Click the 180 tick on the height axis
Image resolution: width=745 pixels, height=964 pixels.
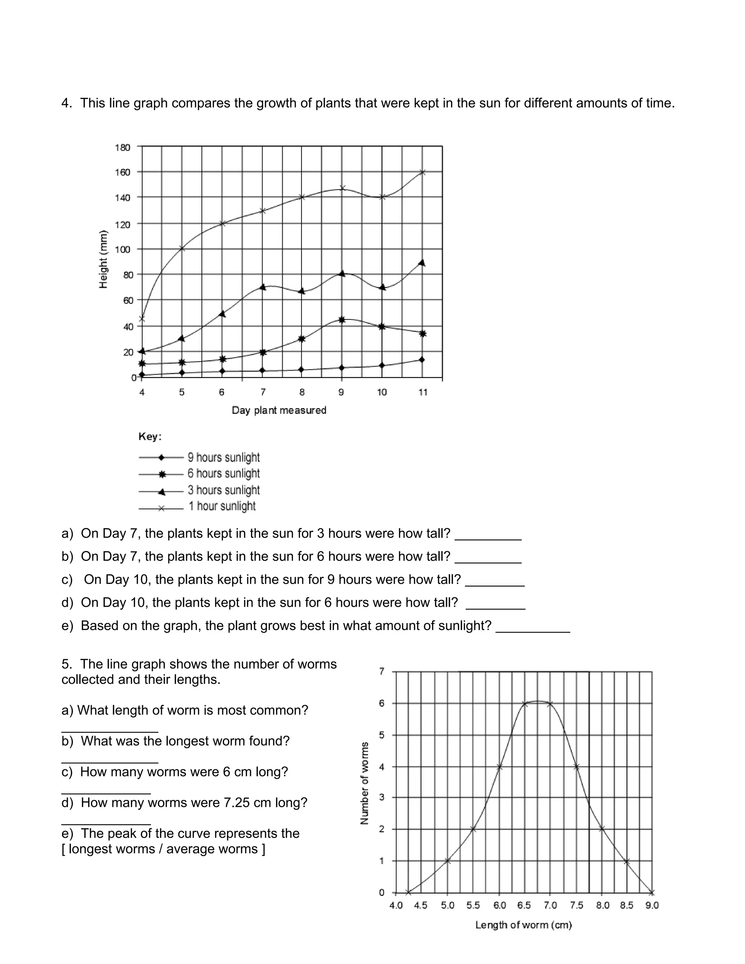[123, 147]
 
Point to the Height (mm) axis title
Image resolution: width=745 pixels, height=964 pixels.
[103, 259]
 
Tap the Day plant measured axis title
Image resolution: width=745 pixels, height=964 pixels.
[279, 410]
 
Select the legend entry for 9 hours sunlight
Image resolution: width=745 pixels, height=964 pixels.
[223, 457]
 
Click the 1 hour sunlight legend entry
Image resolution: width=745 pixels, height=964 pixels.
[222, 506]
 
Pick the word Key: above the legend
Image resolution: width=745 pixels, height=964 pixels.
[150, 437]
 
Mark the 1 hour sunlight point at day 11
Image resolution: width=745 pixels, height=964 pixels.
[422, 172]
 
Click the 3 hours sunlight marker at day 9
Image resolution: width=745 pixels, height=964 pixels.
[342, 274]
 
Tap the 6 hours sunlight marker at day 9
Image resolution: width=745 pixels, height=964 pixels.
[342, 319]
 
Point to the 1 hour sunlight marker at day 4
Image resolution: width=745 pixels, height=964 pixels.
[142, 318]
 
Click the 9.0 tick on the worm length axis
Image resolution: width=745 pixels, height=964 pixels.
[652, 905]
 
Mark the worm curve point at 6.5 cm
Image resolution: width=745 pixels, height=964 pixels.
[525, 704]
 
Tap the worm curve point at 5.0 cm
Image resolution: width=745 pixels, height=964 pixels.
[447, 861]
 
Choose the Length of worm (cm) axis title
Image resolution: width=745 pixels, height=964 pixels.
[523, 925]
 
